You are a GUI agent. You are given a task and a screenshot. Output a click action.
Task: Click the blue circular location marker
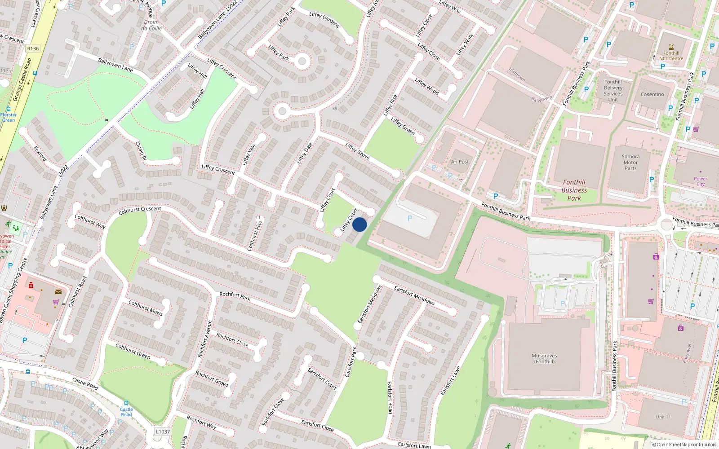click(359, 224)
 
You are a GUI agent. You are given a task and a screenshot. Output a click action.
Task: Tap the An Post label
click(460, 162)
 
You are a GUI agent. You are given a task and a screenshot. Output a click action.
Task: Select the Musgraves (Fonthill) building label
click(544, 358)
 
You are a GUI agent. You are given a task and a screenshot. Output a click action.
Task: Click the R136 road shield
click(33, 48)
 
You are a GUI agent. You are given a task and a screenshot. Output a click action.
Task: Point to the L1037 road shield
click(163, 431)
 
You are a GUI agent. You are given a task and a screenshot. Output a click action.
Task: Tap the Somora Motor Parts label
click(630, 163)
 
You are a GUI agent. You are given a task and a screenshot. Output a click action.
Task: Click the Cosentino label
click(652, 94)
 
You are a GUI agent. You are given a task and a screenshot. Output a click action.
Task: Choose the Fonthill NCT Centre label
click(671, 56)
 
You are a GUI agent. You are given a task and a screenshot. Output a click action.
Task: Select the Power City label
click(700, 181)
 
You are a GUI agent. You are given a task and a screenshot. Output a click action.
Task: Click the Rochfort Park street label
click(235, 296)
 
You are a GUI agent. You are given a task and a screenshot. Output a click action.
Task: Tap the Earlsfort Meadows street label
click(414, 295)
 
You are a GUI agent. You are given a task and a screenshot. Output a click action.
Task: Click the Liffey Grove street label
click(357, 151)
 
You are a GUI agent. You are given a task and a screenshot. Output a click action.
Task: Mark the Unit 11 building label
click(663, 417)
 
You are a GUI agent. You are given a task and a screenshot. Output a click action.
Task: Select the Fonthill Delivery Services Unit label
click(613, 91)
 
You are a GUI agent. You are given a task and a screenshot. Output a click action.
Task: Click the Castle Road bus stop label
click(126, 412)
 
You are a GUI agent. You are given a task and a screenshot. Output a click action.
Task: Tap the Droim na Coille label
click(151, 25)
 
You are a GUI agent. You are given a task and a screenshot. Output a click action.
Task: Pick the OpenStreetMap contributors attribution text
click(684, 445)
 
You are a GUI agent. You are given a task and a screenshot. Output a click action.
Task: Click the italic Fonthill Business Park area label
click(574, 190)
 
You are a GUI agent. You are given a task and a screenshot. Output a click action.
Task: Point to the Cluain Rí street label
click(141, 151)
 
